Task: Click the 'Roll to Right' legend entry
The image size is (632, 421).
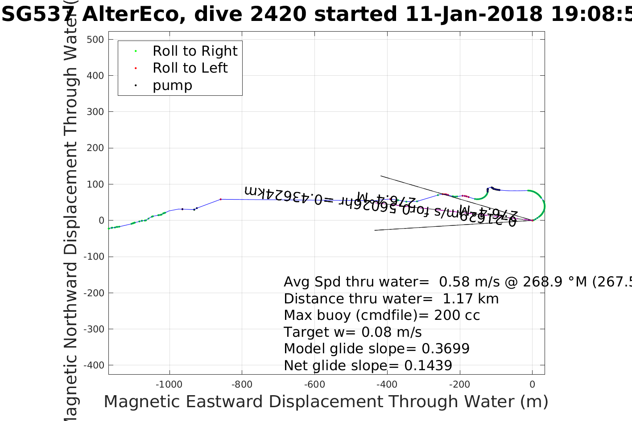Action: pyautogui.click(x=195, y=51)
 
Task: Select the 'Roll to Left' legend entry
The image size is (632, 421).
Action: pyautogui.click(x=190, y=68)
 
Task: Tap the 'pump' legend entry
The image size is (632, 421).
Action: pyautogui.click(x=172, y=86)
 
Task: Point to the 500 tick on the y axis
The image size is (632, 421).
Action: pyautogui.click(x=95, y=40)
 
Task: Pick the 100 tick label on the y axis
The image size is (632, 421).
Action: pyautogui.click(x=95, y=184)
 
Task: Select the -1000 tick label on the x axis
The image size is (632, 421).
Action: pyautogui.click(x=169, y=384)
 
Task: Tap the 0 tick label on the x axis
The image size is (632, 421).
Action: pyautogui.click(x=532, y=384)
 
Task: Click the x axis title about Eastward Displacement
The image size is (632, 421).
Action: pyautogui.click(x=326, y=402)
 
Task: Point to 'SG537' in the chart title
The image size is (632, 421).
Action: pyautogui.click(x=37, y=15)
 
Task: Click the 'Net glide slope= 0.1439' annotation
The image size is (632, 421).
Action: pyautogui.click(x=368, y=366)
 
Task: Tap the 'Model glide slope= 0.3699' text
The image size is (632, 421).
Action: pyautogui.click(x=376, y=349)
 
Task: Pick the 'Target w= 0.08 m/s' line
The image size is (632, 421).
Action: pyautogui.click(x=352, y=332)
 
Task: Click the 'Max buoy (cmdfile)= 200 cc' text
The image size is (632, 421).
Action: pyautogui.click(x=382, y=315)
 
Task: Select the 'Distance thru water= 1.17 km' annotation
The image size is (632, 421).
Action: pyautogui.click(x=391, y=299)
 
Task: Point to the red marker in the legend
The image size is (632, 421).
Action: pyautogui.click(x=136, y=69)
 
